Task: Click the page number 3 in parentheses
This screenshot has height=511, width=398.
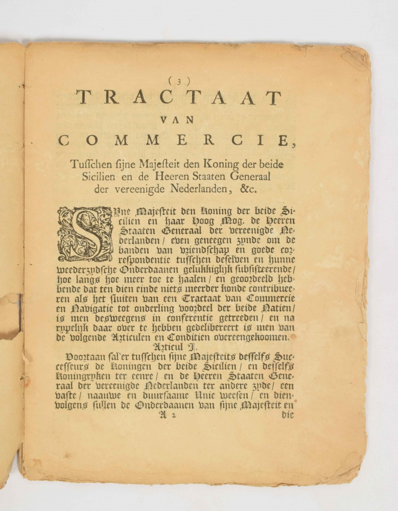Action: click(179, 80)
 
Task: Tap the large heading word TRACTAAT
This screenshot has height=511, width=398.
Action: click(178, 98)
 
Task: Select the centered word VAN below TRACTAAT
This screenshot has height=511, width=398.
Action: click(177, 120)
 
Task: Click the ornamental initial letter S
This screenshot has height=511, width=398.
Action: click(85, 234)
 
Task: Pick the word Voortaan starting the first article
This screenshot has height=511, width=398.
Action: click(86, 357)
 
